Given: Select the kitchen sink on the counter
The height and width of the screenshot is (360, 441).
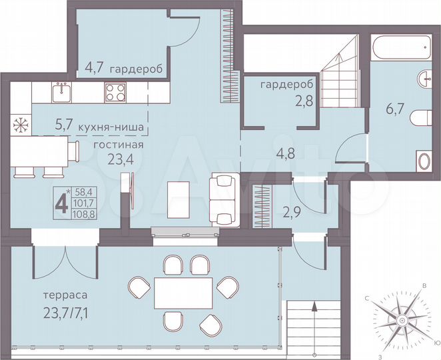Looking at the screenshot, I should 62,90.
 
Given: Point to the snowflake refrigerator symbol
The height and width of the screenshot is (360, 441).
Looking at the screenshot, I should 18,123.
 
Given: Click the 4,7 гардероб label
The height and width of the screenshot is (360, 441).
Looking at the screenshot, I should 123,67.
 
